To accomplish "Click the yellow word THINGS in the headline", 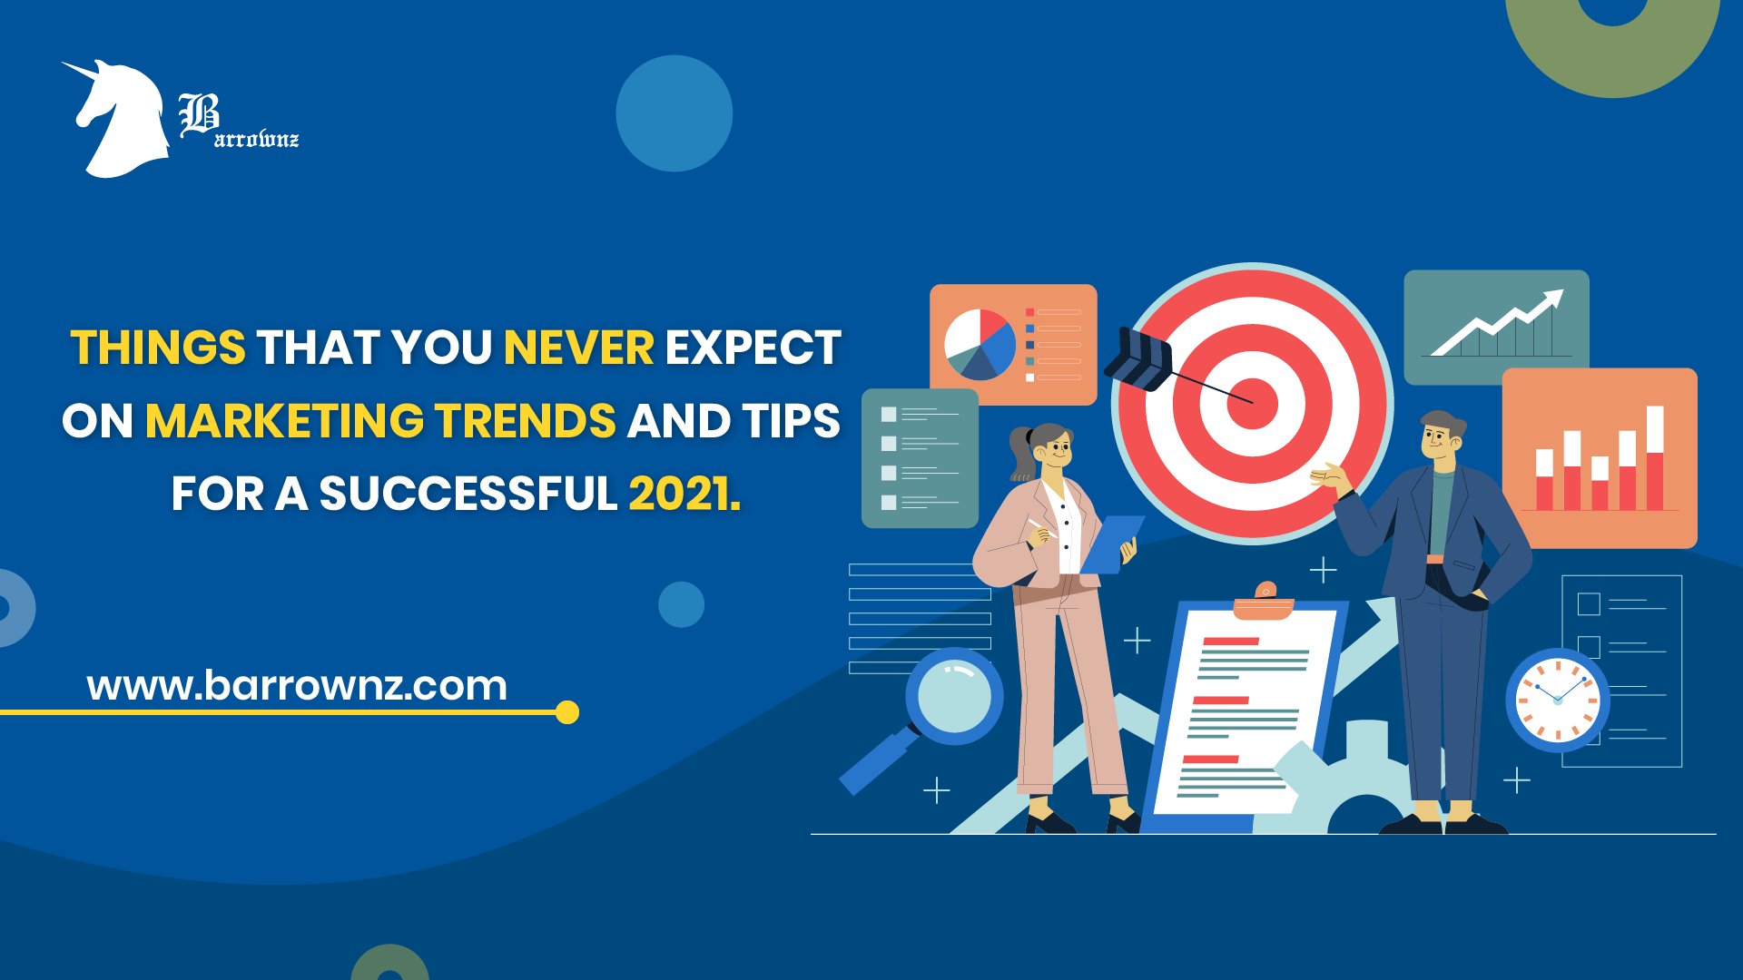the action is [x=158, y=348].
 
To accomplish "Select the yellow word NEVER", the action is [x=578, y=348].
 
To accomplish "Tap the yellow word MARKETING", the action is [x=284, y=421].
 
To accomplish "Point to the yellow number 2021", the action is [x=684, y=494].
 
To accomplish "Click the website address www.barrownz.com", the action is [x=297, y=685].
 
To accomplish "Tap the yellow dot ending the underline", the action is [x=567, y=712].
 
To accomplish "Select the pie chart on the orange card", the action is [x=980, y=345].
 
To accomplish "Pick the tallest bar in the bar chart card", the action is [x=1655, y=457].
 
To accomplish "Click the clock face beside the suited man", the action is [x=1558, y=701].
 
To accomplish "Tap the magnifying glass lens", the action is [x=954, y=696].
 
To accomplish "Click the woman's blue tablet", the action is [x=1112, y=544].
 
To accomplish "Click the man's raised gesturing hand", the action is [x=1329, y=476].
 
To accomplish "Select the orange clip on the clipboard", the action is [x=1265, y=601].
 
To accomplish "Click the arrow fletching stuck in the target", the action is [x=1138, y=358].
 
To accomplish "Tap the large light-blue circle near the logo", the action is [x=675, y=113].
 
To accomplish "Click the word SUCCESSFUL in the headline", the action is [x=468, y=494].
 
